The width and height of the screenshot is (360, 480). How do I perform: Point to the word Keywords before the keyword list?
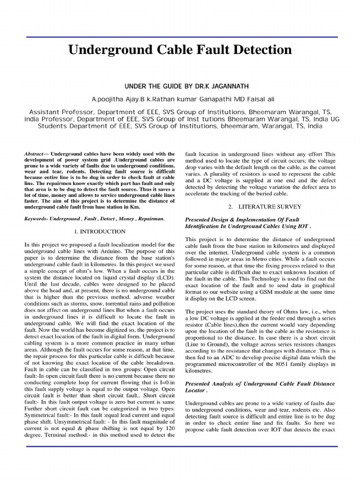point(35,219)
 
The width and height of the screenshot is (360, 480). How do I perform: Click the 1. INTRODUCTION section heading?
point(100,232)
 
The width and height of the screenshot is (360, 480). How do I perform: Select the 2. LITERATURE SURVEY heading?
point(265,206)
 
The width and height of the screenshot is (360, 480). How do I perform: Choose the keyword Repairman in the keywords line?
point(150,219)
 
